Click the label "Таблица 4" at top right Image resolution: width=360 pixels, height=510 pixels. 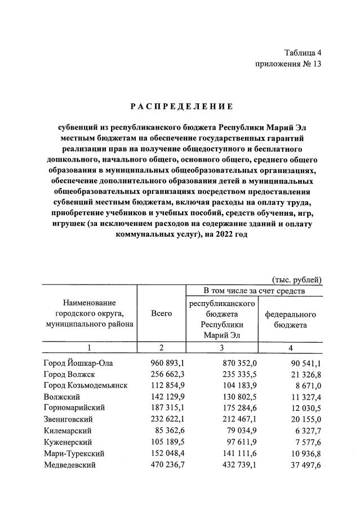click(x=303, y=53)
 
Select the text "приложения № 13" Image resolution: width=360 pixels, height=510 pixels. click(x=288, y=64)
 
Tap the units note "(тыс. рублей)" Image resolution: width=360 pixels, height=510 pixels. click(x=297, y=280)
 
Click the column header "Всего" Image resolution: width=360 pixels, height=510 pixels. click(x=162, y=313)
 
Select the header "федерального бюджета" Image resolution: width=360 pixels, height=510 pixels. click(x=290, y=320)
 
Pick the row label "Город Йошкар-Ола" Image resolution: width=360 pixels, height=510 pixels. click(x=78, y=363)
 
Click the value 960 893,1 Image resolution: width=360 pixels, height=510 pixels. click(x=162, y=363)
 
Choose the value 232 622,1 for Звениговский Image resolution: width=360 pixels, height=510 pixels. click(x=162, y=419)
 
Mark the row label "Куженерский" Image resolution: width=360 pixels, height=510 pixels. click(x=67, y=442)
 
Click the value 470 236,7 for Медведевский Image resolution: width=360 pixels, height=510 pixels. click(x=162, y=465)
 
